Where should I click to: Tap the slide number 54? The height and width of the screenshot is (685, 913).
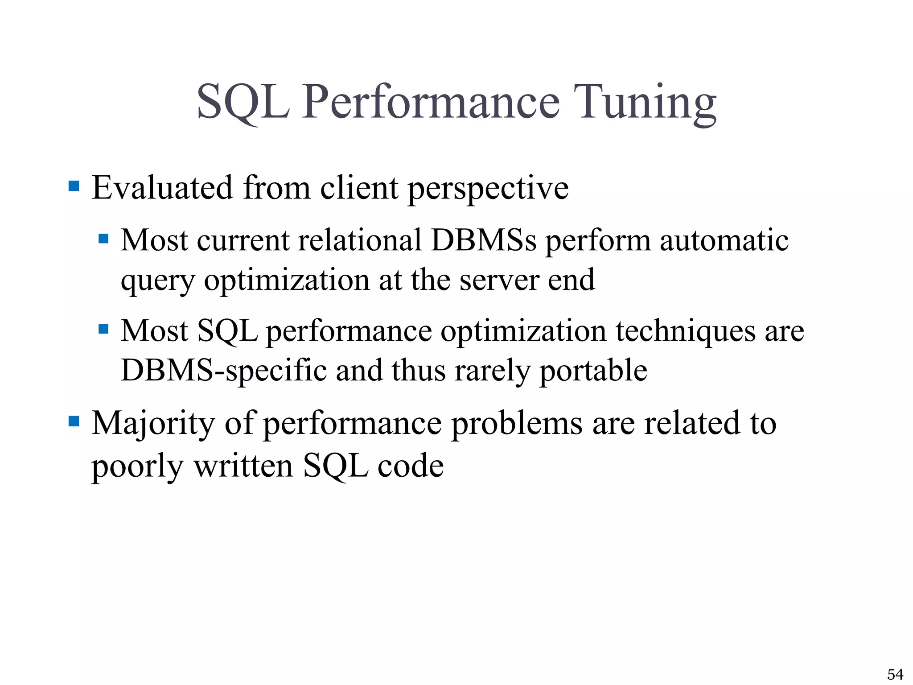pyautogui.click(x=895, y=674)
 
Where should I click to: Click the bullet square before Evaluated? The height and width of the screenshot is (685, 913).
pyautogui.click(x=74, y=186)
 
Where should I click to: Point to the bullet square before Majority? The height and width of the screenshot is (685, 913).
pyautogui.click(x=74, y=421)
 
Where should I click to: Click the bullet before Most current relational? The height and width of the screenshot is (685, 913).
pyautogui.click(x=103, y=239)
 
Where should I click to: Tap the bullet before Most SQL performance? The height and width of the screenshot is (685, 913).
pyautogui.click(x=103, y=329)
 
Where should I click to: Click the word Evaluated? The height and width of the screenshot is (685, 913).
pyautogui.click(x=162, y=188)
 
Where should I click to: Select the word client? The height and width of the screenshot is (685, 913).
pyautogui.click(x=359, y=188)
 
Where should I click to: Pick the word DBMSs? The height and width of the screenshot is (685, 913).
pyautogui.click(x=484, y=240)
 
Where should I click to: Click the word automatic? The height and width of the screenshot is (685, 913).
pyautogui.click(x=724, y=240)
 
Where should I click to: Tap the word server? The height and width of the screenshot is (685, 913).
pyautogui.click(x=499, y=281)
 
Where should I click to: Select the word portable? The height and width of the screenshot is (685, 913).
pyautogui.click(x=593, y=371)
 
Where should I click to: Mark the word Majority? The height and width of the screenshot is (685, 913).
pyautogui.click(x=153, y=424)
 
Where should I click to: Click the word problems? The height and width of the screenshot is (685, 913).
pyautogui.click(x=517, y=424)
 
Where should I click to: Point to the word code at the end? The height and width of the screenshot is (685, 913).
pyautogui.click(x=411, y=466)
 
